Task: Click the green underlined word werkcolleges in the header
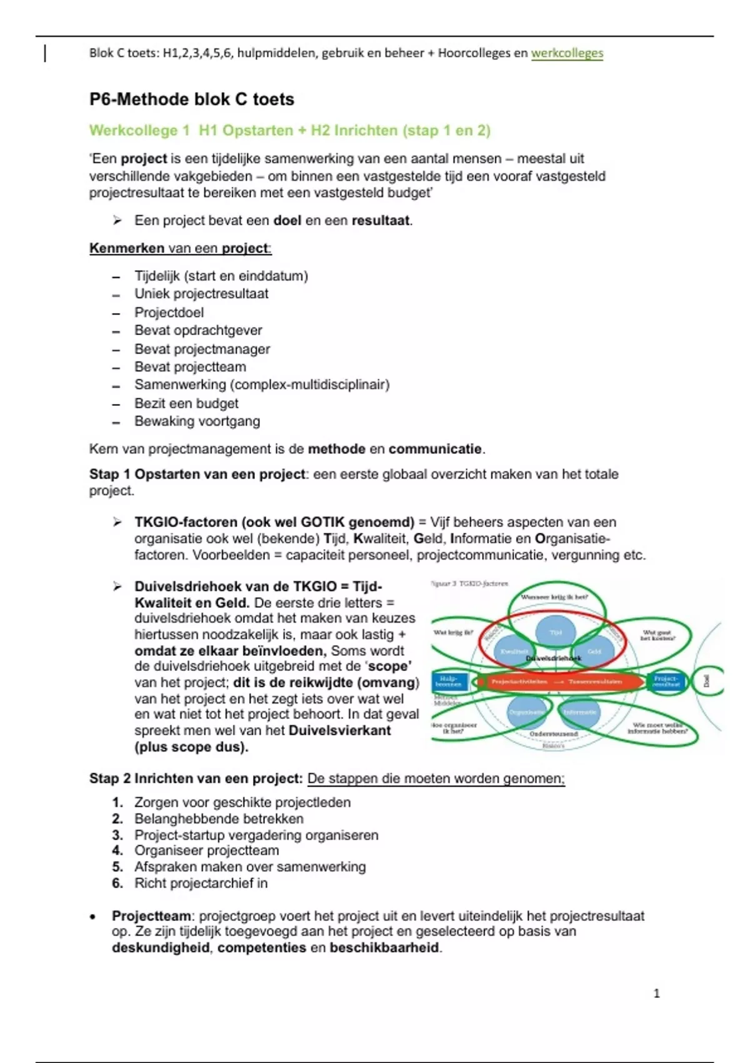pos(567,53)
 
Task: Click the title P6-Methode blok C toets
pos(192,99)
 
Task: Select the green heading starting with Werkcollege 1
pos(289,131)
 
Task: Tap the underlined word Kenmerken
pos(126,248)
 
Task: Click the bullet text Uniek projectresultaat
pos(201,294)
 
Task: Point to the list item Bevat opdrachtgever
pos(198,330)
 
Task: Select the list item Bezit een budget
pos(186,403)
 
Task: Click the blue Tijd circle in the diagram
pos(556,632)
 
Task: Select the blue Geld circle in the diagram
pos(594,651)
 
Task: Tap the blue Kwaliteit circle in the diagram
pos(514,651)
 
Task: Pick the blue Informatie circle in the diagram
pos(579,712)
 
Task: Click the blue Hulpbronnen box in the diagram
pos(449,681)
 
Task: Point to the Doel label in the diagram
pos(706,680)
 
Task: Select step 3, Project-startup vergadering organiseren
pos(256,835)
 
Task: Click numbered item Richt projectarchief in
pos(201,884)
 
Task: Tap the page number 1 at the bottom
pos(656,994)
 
